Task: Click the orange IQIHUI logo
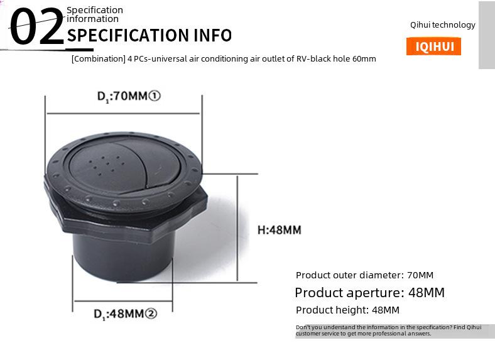[433, 46]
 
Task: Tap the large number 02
[37, 27]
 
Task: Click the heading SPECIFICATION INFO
[150, 35]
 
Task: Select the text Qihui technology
[443, 25]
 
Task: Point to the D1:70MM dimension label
[129, 96]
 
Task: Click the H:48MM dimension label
[280, 230]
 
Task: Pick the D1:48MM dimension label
[125, 314]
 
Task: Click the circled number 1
[155, 95]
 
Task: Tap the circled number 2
[151, 314]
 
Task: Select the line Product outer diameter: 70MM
[364, 275]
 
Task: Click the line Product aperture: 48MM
[369, 293]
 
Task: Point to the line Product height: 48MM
[347, 310]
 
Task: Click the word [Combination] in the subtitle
[99, 58]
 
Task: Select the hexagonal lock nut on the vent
[126, 215]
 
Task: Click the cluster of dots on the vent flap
[105, 165]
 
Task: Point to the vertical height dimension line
[237, 228]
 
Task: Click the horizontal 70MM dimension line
[123, 113]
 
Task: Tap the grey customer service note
[394, 330]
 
